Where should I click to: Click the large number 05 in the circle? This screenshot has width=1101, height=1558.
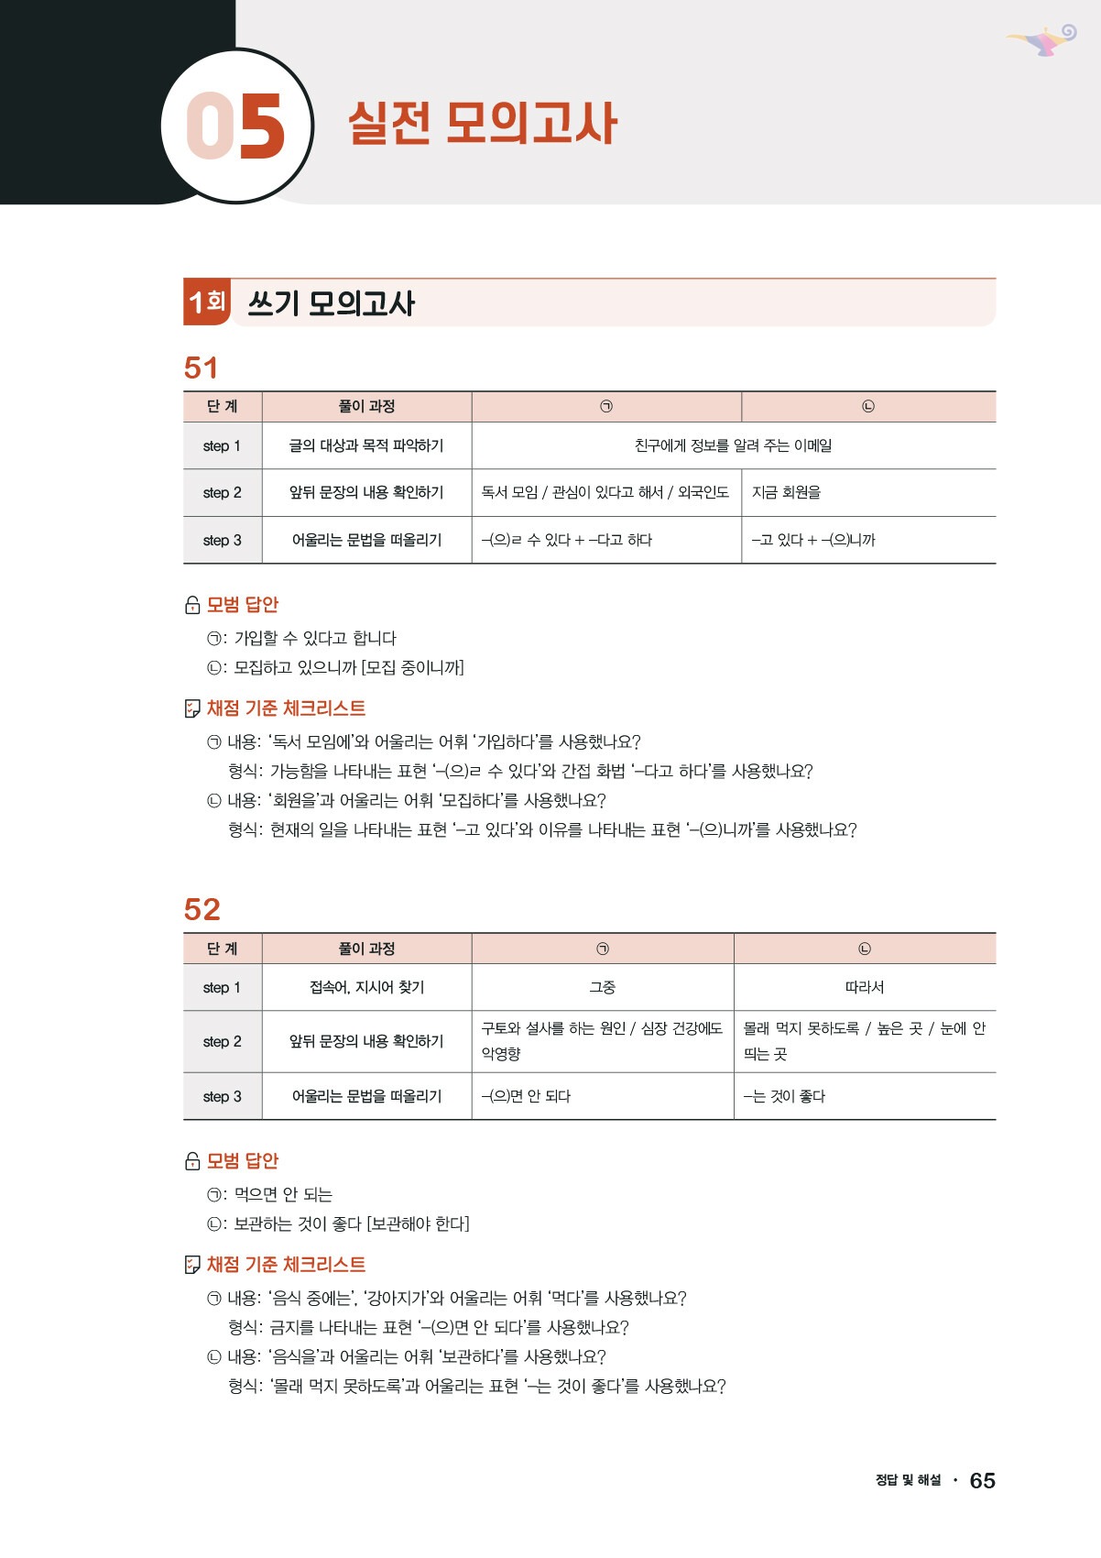pos(235,126)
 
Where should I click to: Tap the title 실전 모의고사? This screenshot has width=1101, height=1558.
pos(483,124)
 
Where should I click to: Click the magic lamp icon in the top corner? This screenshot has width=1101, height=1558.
pos(1043,40)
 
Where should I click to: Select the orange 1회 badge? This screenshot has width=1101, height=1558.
pos(207,302)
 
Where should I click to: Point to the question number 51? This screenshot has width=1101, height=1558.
pos(202,368)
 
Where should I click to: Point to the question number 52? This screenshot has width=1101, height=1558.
pos(202,909)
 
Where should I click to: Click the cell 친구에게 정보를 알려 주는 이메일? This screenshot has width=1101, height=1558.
pos(733,445)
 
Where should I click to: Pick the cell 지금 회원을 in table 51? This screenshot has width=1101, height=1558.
pos(786,492)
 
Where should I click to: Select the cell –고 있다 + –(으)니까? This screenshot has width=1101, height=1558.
pos(813,540)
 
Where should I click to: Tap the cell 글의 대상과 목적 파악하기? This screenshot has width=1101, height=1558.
pos(366,445)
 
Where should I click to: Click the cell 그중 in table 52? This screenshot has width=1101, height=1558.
pos(602,987)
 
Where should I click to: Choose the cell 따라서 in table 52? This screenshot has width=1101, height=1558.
pos(864,987)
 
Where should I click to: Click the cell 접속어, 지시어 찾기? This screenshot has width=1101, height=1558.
pos(366,987)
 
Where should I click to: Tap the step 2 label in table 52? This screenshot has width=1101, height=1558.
pos(223,1041)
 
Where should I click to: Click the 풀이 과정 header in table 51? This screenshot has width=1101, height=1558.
pos(366,406)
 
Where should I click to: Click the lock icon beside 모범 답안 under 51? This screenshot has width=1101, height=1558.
pos(192,605)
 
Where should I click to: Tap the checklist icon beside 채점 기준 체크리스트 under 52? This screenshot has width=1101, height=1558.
pos(192,1265)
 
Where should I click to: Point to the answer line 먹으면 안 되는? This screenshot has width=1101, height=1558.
pos(283,1194)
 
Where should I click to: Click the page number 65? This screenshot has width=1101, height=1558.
pos(982,1480)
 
